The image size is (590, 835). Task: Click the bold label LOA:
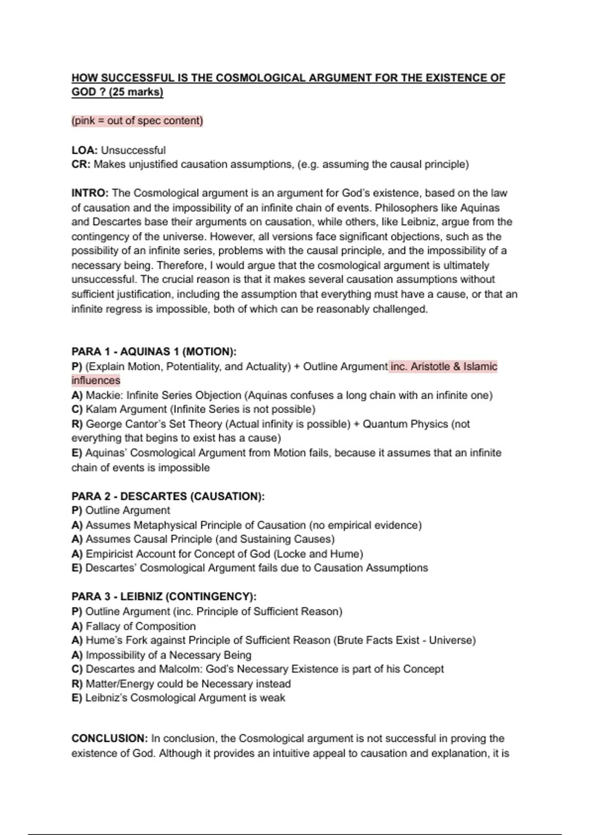85,150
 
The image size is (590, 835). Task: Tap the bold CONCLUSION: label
109,739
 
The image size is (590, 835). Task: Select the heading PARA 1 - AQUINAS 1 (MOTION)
154,352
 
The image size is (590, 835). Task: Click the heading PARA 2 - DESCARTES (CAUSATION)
168,496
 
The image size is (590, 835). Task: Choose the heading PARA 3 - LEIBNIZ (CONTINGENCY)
164,597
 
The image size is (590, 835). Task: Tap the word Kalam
101,410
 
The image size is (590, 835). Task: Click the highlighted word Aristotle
431,366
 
